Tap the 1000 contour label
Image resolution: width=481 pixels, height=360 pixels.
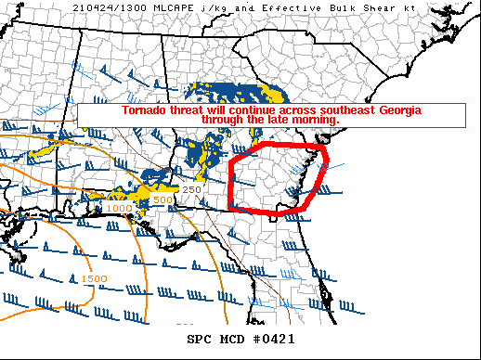(x=118, y=208)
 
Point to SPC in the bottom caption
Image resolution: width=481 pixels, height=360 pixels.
(x=201, y=339)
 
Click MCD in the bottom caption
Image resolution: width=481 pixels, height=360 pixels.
(x=232, y=339)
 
